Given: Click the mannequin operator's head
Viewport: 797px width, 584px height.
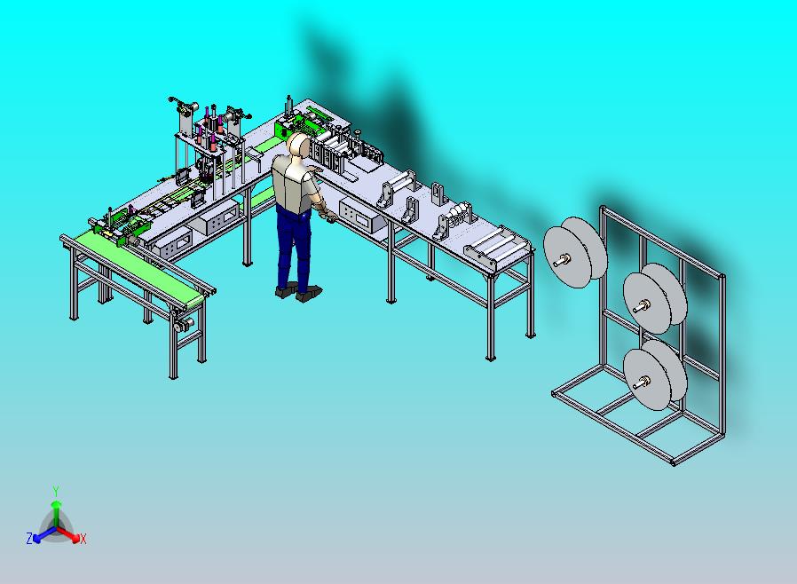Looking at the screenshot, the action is (298, 146).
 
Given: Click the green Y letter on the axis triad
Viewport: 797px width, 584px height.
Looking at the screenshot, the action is (56, 491).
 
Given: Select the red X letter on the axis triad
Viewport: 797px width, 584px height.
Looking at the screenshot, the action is (83, 539).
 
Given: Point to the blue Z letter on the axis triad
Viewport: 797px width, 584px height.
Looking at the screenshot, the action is (29, 538).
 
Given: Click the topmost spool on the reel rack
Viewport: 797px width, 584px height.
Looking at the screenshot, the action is (575, 252).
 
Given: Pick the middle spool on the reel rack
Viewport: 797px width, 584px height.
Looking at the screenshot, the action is (655, 298).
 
